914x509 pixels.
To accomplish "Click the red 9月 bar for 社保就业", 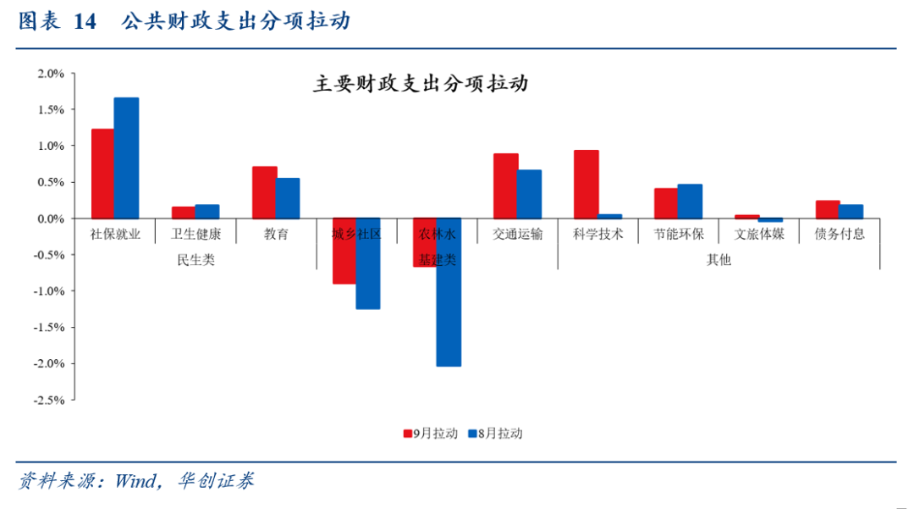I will (102, 174).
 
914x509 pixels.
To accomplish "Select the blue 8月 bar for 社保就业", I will (126, 158).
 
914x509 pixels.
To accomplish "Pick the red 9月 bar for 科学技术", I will (586, 185).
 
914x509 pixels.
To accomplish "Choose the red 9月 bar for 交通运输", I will (505, 186).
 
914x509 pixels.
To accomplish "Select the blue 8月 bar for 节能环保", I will (690, 202).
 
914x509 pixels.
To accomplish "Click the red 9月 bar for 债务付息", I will (827, 209).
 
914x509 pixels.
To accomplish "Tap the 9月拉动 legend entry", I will (431, 434).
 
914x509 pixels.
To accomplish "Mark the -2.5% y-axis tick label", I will (48, 401).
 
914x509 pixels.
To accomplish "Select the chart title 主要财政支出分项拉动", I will (421, 85).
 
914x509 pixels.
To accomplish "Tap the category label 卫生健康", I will (195, 235).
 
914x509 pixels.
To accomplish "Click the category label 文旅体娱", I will (759, 235).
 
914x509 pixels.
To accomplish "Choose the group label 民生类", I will (195, 260).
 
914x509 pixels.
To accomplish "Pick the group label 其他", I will (719, 260).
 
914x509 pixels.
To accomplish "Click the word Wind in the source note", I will (134, 482).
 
